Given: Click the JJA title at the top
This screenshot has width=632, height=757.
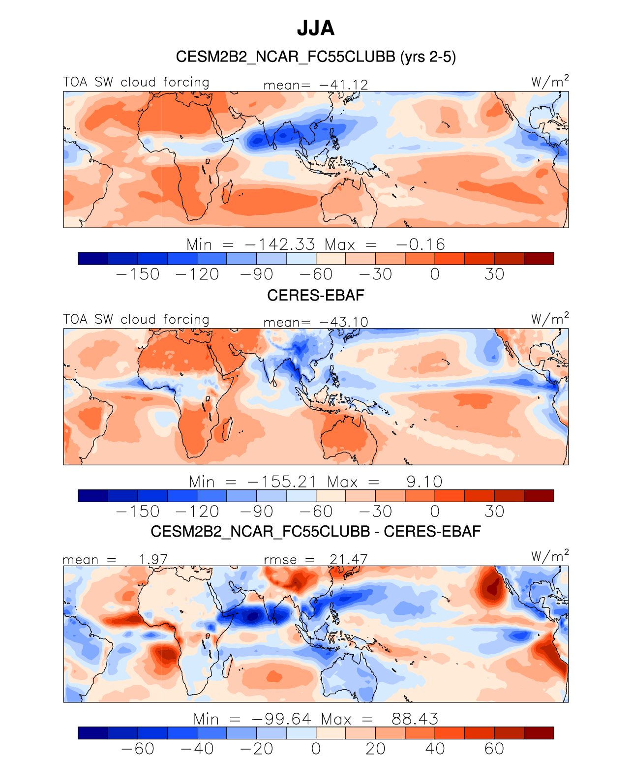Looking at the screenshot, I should pyautogui.click(x=316, y=28).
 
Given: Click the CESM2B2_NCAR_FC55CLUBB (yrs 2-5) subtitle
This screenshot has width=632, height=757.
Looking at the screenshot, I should pyautogui.click(x=316, y=57).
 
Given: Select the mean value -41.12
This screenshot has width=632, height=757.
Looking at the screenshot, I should pyautogui.click(x=344, y=85).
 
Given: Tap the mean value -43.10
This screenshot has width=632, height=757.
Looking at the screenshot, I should pyautogui.click(x=344, y=322).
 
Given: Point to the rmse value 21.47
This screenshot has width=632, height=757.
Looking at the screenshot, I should pyautogui.click(x=348, y=559).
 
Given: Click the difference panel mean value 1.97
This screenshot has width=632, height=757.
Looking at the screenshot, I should pyautogui.click(x=153, y=559).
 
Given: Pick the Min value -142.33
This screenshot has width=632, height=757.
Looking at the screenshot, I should pyautogui.click(x=280, y=244).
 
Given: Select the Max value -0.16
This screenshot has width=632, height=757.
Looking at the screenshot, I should pyautogui.click(x=421, y=244).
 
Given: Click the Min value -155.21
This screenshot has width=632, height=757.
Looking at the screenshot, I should pyautogui.click(x=282, y=482).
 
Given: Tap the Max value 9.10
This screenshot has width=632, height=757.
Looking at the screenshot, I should pyautogui.click(x=424, y=482).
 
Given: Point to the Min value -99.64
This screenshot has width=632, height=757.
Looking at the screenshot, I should pyautogui.click(x=282, y=719).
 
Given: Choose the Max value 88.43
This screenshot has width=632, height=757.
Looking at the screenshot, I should pyautogui.click(x=415, y=719).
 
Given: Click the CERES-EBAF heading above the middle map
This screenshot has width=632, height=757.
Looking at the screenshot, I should pyautogui.click(x=316, y=295).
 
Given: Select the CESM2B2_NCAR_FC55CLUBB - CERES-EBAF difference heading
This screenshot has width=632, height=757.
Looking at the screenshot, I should pyautogui.click(x=316, y=532).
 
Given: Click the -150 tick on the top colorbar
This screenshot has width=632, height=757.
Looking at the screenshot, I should pyautogui.click(x=138, y=274).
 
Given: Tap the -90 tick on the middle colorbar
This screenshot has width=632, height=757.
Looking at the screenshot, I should pyautogui.click(x=256, y=512).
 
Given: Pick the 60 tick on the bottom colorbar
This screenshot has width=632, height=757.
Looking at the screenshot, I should pyautogui.click(x=494, y=748).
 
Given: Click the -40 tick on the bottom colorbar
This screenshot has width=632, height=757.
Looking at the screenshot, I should pyautogui.click(x=197, y=748).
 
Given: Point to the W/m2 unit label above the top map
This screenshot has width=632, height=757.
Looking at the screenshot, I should pyautogui.click(x=550, y=81).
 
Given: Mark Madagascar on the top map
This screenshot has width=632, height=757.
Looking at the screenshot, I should pyautogui.click(x=227, y=192).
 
